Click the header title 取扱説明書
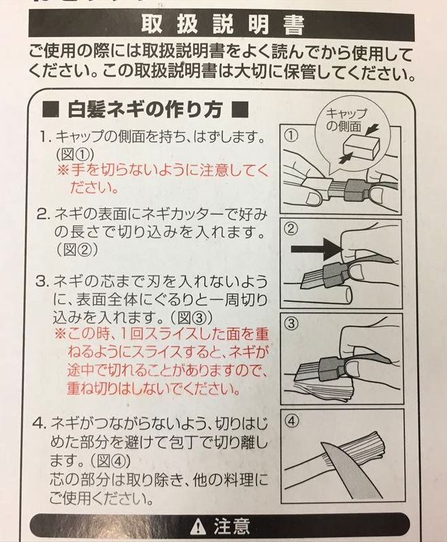tap(222, 25)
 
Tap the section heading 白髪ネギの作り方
tap(145, 110)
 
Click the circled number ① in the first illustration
tap(292, 135)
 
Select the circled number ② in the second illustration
tap(292, 228)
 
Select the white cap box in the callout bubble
tap(361, 148)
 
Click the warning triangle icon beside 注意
tap(198, 526)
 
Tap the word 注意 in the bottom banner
tap(231, 526)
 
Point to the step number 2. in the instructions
tap(44, 215)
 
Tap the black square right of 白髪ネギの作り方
tap(239, 109)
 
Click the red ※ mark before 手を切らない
tap(63, 171)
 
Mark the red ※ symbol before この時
tap(61, 334)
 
